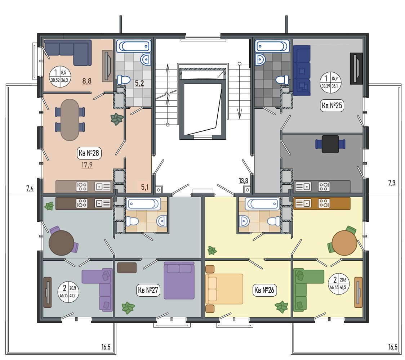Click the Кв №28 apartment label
point(89,153)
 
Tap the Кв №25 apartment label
point(332,105)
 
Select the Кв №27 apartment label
point(148,290)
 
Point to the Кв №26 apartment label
point(264,290)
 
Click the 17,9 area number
point(87,165)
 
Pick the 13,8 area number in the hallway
point(243,181)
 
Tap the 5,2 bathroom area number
point(139,83)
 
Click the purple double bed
point(179,280)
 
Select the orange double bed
point(224,289)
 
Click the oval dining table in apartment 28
point(70,120)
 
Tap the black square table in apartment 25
point(330,144)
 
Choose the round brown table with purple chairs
point(62,243)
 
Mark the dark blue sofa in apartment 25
point(302,71)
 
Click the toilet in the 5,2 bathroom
point(124,80)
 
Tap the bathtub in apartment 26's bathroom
point(262,204)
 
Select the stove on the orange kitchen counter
point(324,203)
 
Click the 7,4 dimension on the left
point(30,188)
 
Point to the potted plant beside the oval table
point(117,119)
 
